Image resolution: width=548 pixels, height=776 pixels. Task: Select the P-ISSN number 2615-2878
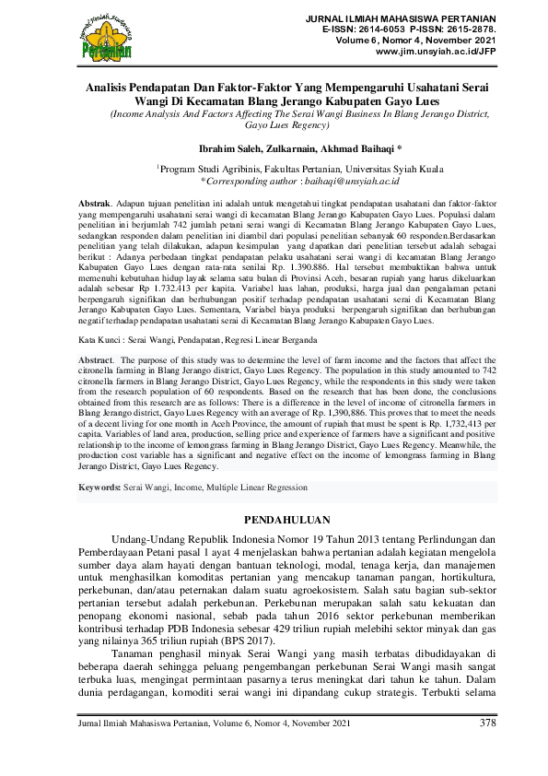(x=470, y=29)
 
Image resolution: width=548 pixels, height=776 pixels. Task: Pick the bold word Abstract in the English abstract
(x=96, y=384)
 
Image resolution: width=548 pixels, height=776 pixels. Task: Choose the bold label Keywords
(x=99, y=486)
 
